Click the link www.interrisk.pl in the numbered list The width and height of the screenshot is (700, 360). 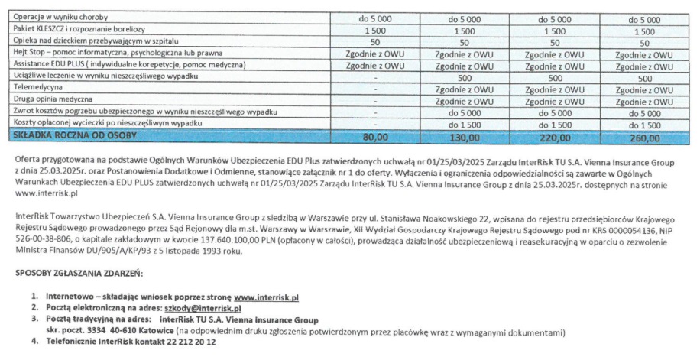tap(266, 296)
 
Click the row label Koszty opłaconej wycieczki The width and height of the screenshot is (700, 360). tap(108, 123)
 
